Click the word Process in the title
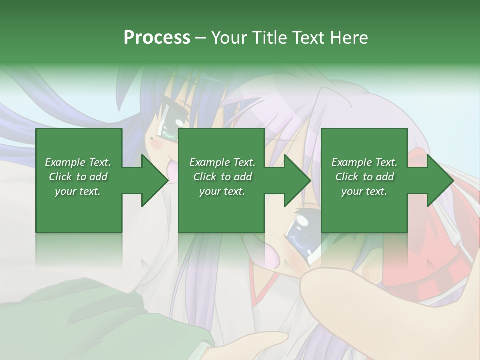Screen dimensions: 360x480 point(157,38)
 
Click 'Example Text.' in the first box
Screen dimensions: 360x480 point(78,162)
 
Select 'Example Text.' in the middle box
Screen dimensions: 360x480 point(222,162)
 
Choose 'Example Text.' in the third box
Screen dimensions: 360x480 point(364,162)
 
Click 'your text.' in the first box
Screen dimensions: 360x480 point(78,191)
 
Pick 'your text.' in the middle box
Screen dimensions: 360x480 point(222,191)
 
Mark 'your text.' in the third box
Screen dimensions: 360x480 point(364,191)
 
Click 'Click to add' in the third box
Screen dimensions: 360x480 point(364,177)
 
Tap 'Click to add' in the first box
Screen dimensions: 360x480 point(78,177)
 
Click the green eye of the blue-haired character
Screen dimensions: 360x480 point(167,132)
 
